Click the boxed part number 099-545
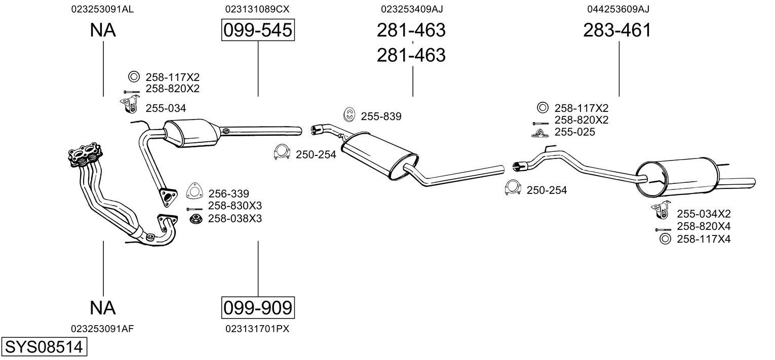pos(258,30)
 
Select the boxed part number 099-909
pos(258,307)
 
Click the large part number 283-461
pos(617,30)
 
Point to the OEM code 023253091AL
pos(103,9)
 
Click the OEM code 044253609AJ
pos(618,9)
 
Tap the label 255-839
pos(381,116)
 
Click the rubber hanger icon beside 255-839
pos(349,115)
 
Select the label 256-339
pos(228,193)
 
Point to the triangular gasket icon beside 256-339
pos(193,191)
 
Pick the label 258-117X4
pos(704,238)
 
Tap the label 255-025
pos(575,132)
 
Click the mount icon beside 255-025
pos(539,133)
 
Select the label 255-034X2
pos(704,214)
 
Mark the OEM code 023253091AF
pos(103,329)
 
